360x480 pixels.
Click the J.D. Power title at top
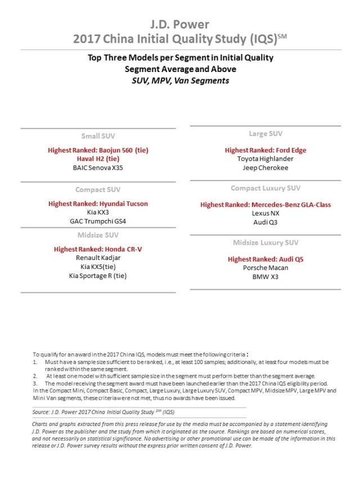click(180, 24)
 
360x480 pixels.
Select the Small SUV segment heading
click(98, 136)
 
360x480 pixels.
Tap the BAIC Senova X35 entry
click(98, 168)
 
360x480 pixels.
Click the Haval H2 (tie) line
click(98, 159)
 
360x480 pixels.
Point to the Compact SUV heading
click(98, 190)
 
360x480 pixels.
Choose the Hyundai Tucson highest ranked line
click(98, 203)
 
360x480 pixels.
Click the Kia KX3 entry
click(98, 212)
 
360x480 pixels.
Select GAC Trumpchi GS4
click(98, 221)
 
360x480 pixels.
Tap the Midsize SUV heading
click(98, 235)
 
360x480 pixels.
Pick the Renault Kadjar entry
click(98, 257)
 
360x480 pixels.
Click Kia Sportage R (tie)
click(98, 275)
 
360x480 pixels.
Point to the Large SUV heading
click(265, 134)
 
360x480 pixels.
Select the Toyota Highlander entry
click(265, 159)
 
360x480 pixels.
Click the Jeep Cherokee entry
click(265, 168)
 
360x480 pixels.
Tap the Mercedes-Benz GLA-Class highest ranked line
click(265, 204)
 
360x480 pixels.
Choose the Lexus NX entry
click(265, 213)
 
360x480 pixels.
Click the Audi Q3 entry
click(265, 222)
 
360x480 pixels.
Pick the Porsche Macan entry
click(265, 268)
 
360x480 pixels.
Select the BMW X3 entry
click(265, 277)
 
